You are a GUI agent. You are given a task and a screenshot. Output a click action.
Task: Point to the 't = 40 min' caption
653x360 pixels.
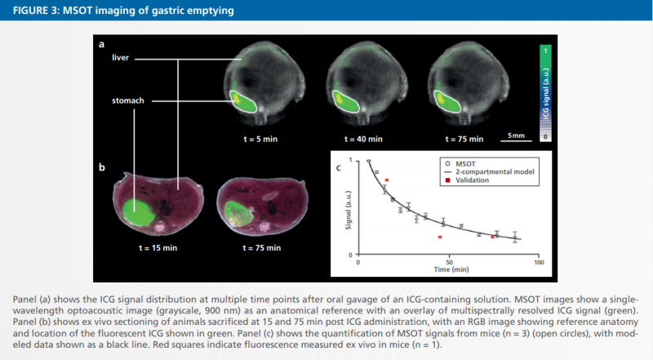point(362,140)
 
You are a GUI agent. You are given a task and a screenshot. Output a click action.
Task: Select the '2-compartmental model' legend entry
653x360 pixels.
point(497,172)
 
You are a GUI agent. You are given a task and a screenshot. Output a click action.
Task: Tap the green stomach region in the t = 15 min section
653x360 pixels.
point(140,210)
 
